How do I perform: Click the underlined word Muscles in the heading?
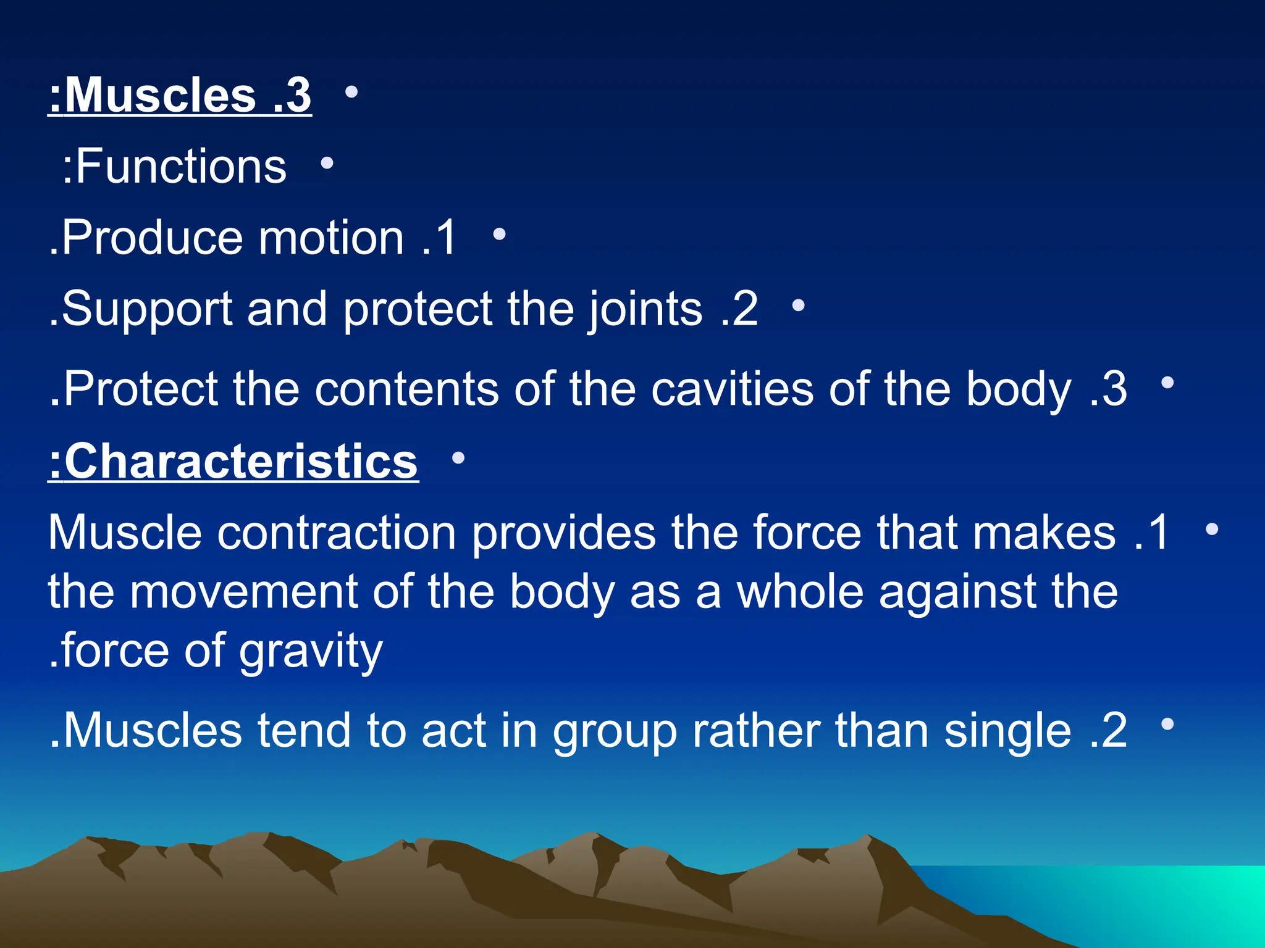[x=161, y=96]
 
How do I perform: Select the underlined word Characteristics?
[x=241, y=461]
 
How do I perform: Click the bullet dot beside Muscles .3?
[x=351, y=93]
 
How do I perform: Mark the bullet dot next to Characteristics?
[x=458, y=458]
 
